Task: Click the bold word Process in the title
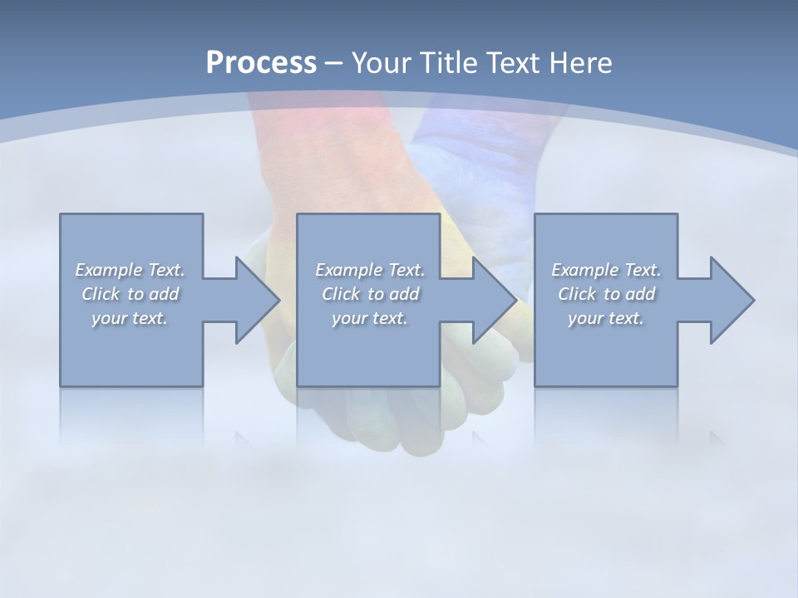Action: click(x=261, y=62)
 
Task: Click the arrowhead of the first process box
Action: click(x=257, y=300)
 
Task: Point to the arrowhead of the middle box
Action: click(x=494, y=300)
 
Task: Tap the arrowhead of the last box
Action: click(x=731, y=300)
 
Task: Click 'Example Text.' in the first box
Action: click(x=130, y=270)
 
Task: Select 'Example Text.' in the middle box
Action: click(x=370, y=270)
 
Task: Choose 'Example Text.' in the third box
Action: click(x=606, y=270)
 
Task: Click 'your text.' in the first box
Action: click(x=130, y=318)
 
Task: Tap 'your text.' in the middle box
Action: click(x=370, y=318)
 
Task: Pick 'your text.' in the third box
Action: click(x=606, y=318)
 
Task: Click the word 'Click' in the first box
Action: click(x=101, y=294)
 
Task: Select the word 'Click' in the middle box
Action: click(x=341, y=294)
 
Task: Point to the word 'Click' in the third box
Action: click(x=577, y=294)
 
